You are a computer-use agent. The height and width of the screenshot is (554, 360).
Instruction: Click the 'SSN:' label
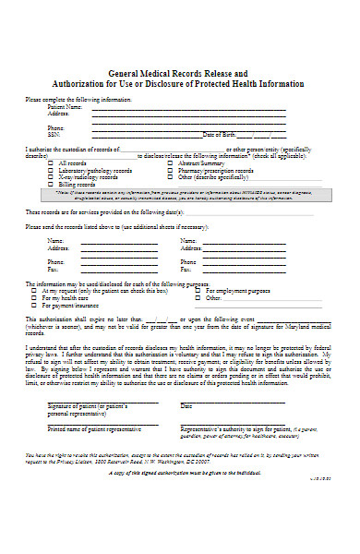pos(54,134)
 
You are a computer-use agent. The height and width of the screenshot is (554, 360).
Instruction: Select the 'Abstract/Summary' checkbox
pos(171,163)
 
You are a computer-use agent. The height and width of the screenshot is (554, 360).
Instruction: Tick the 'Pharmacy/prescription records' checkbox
pos(171,171)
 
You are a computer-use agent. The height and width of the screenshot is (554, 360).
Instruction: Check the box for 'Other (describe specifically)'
pos(171,177)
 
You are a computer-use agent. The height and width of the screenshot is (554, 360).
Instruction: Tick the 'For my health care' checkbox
pos(35,298)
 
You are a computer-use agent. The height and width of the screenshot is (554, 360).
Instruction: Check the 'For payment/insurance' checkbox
pos(35,306)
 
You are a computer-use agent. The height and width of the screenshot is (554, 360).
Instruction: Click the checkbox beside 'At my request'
pos(35,291)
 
